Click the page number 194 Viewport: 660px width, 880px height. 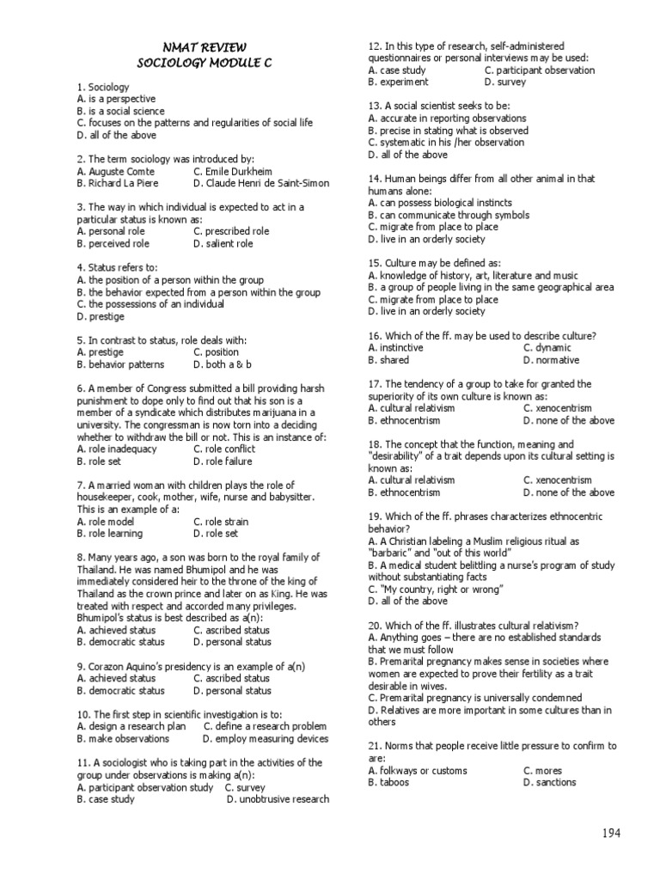click(x=611, y=833)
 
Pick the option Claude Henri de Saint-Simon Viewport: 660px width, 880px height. click(x=263, y=183)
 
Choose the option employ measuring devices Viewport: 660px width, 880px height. click(x=266, y=738)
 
